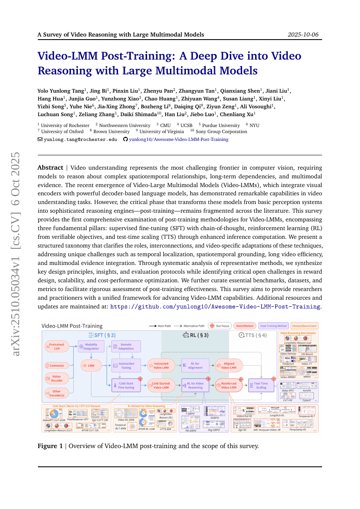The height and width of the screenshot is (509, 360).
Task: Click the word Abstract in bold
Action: point(50,167)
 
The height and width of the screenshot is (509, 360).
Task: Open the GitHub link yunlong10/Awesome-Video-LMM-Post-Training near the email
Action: point(178,139)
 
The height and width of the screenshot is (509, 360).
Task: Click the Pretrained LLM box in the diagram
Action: point(56,346)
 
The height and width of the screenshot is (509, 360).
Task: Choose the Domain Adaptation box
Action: point(126,346)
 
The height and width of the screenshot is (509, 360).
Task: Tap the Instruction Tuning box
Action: point(126,365)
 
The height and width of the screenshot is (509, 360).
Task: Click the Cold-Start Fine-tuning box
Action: point(126,385)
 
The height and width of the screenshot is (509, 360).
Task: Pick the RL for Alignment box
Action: point(195,365)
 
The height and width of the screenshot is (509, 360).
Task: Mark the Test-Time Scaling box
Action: point(261,385)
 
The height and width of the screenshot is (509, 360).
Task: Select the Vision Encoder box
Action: point(57,378)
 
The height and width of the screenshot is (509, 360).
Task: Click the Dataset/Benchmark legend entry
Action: point(305,325)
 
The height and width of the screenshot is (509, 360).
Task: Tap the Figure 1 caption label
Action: point(50,446)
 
